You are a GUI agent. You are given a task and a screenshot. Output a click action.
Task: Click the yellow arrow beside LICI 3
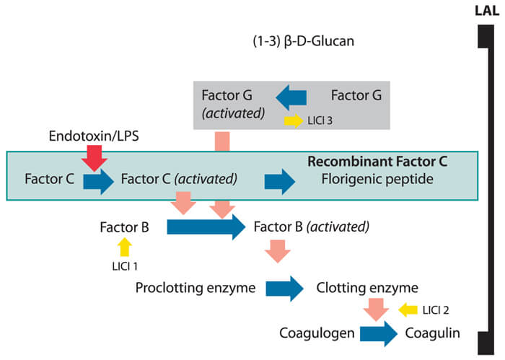294,120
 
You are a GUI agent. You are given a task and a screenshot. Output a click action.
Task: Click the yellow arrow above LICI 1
125,247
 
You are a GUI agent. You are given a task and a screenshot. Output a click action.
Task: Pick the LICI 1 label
125,266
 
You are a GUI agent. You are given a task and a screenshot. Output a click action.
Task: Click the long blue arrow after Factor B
206,228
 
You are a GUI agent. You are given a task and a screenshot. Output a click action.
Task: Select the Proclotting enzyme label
196,289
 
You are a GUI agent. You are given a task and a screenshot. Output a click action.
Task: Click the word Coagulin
432,334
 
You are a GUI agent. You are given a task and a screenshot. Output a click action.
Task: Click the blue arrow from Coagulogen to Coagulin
378,334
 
